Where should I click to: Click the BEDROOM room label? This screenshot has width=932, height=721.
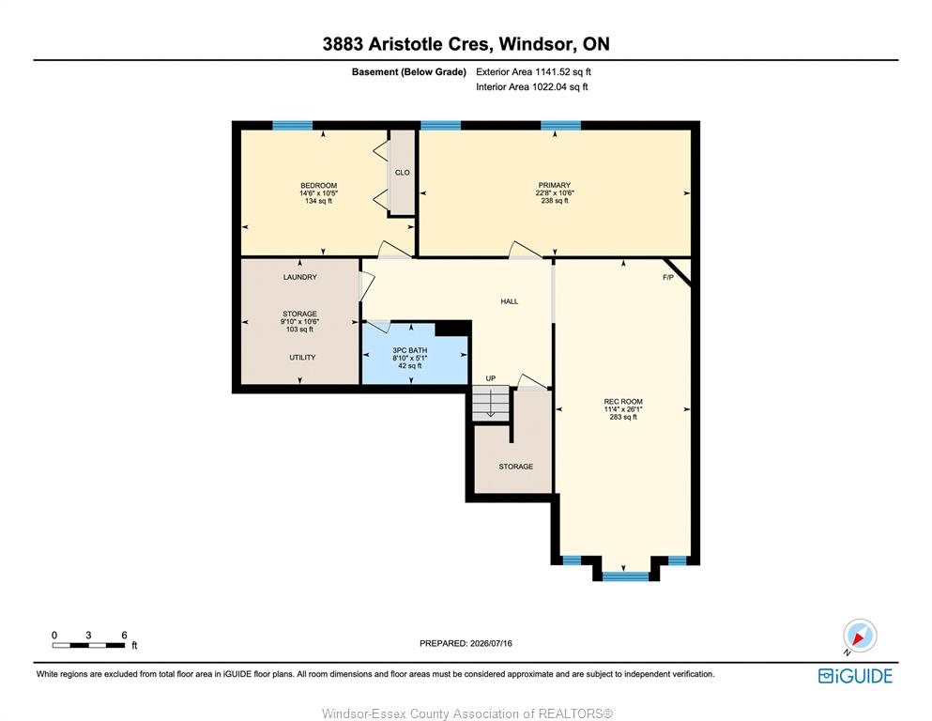tap(318, 186)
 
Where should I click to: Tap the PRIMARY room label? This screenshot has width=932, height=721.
tap(555, 185)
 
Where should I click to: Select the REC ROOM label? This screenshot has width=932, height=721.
tap(623, 401)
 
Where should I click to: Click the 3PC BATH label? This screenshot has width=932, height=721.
tap(409, 350)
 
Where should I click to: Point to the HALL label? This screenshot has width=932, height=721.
tap(510, 301)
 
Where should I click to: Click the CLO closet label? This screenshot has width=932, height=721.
tap(403, 173)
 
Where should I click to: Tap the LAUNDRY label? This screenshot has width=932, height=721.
tap(300, 277)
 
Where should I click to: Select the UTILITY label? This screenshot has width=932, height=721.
tap(302, 358)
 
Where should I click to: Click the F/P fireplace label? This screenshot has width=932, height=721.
tap(668, 278)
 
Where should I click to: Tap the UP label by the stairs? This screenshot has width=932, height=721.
tap(490, 378)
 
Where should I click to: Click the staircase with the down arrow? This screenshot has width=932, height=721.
tap(491, 404)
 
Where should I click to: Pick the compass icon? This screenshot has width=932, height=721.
tap(860, 636)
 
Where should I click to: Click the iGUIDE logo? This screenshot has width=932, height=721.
tap(855, 676)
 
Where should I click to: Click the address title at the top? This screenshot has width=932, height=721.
tap(466, 44)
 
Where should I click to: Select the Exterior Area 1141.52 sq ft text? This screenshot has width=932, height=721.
tap(533, 72)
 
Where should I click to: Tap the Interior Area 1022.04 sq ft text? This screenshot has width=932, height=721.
tap(532, 86)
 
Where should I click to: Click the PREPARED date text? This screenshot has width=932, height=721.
tap(466, 643)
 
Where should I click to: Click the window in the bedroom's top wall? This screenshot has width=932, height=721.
tap(293, 125)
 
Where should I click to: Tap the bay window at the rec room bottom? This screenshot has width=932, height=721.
tap(626, 576)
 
